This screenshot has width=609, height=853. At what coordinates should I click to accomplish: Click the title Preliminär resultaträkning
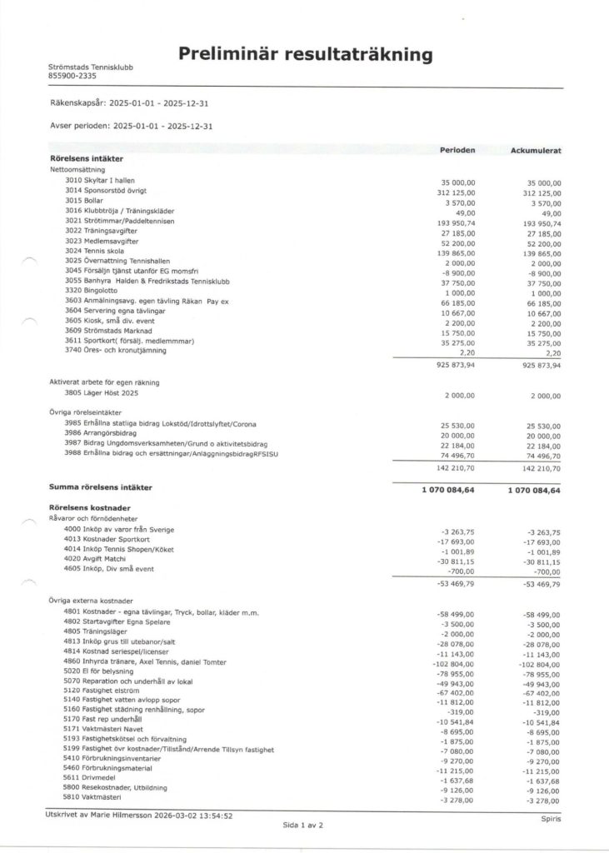305,56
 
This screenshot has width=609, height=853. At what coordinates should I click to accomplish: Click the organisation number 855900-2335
72,76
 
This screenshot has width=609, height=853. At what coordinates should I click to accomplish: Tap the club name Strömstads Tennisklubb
91,67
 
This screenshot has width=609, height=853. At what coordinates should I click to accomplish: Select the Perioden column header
457,150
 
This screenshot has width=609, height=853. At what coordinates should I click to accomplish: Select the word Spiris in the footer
551,819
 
